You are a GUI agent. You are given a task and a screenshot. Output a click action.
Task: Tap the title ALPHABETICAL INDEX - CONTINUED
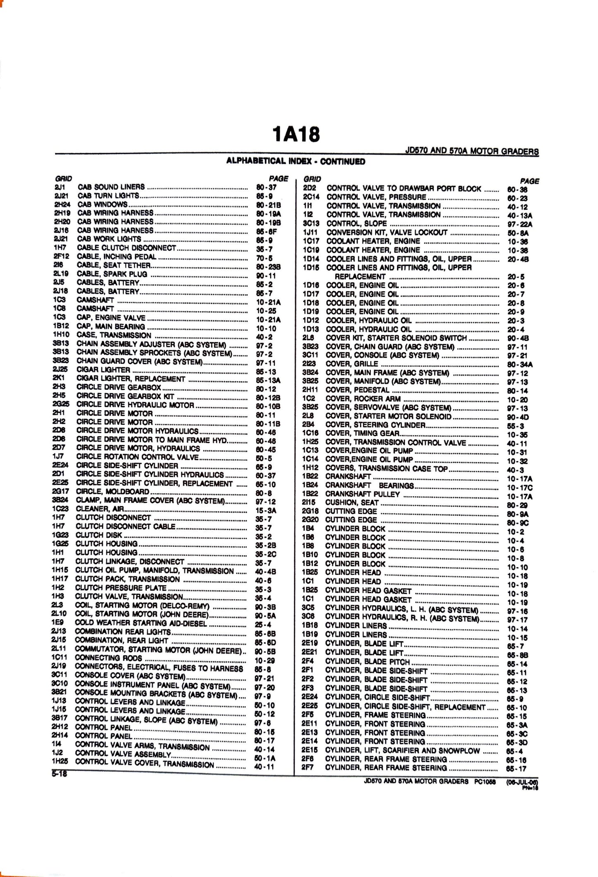pyautogui.click(x=295, y=161)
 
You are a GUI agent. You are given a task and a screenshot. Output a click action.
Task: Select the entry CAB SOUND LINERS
pyautogui.click(x=111, y=187)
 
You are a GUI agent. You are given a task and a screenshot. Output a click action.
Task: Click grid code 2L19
pyautogui.click(x=61, y=274)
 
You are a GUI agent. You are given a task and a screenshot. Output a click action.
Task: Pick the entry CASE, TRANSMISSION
pyautogui.click(x=114, y=335)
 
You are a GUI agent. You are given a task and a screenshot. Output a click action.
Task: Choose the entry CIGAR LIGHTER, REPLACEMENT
pyautogui.click(x=131, y=379)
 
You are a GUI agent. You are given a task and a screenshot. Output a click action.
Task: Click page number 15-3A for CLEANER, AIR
pyautogui.click(x=266, y=511)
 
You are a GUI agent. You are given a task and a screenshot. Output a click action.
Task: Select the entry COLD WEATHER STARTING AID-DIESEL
pyautogui.click(x=141, y=623)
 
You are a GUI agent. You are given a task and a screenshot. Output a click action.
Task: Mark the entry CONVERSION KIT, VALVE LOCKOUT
pyautogui.click(x=387, y=232)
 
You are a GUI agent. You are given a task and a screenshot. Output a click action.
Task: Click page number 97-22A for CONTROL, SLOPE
pyautogui.click(x=520, y=224)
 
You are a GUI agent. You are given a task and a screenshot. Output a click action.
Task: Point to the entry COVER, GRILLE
pyautogui.click(x=352, y=364)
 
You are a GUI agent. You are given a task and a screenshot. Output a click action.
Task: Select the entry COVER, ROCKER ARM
pyautogui.click(x=363, y=399)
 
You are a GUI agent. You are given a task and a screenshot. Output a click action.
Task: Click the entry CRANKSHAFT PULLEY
pyautogui.click(x=363, y=494)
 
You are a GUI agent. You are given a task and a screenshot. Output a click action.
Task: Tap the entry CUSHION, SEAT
pyautogui.click(x=352, y=502)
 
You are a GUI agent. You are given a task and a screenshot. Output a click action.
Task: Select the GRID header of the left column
pyautogui.click(x=64, y=179)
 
